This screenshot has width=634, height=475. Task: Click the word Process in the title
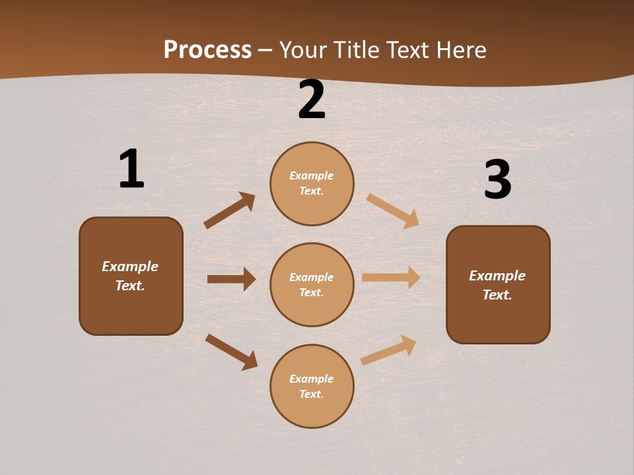(207, 50)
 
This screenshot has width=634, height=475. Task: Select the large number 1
(131, 169)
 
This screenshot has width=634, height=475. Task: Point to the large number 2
(312, 100)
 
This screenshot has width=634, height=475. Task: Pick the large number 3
(497, 180)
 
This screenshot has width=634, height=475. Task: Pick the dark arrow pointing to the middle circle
(231, 279)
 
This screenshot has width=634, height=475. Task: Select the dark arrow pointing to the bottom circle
(231, 352)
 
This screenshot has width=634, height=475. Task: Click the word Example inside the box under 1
(130, 267)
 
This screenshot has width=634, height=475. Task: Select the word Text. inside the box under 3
(497, 295)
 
